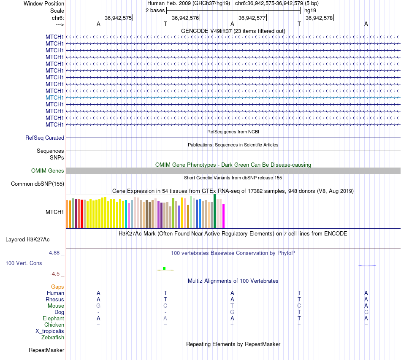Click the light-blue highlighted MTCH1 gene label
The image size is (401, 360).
55,97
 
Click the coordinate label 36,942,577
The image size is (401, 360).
252,18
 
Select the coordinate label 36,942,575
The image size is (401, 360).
118,18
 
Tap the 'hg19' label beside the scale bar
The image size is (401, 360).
310,10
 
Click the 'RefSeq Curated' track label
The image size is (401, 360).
45,138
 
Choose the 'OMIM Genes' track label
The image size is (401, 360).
48,171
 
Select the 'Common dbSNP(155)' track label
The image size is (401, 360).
38,184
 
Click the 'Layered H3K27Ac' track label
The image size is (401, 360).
27,239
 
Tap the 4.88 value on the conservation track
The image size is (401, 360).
55,253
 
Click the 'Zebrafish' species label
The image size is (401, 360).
53,338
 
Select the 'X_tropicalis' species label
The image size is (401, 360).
50,331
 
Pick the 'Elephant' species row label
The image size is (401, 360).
53,319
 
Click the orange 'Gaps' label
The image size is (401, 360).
57,287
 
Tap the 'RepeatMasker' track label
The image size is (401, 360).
46,350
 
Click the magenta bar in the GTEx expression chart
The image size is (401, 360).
224,216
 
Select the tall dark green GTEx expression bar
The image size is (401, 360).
215,211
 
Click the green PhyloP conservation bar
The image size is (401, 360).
164,268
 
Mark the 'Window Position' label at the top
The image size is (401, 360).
44,3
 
